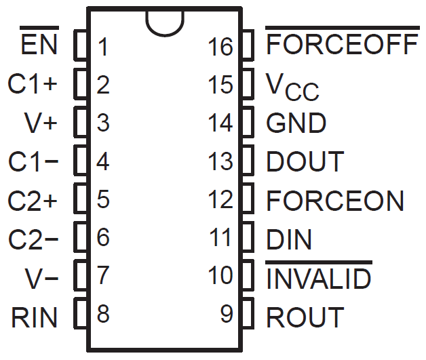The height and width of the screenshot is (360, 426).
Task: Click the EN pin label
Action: pyautogui.click(x=40, y=47)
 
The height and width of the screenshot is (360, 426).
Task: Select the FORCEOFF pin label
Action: pyautogui.click(x=342, y=46)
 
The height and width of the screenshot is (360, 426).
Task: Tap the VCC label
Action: pyautogui.click(x=292, y=86)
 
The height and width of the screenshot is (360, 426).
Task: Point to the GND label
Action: pyautogui.click(x=296, y=123)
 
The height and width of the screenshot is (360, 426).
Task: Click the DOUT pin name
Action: pyautogui.click(x=305, y=162)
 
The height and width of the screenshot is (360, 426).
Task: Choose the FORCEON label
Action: pyautogui.click(x=335, y=201)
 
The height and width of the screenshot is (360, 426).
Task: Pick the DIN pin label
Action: pyautogui.click(x=290, y=239)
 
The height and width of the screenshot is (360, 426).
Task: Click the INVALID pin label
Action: pyautogui.click(x=319, y=278)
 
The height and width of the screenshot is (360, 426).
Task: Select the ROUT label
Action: pyautogui.click(x=305, y=317)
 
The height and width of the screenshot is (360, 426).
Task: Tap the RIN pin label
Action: pyautogui.click(x=35, y=317)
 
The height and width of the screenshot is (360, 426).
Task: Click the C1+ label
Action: pyautogui.click(x=33, y=85)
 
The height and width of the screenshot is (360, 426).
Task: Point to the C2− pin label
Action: pyautogui.click(x=33, y=239)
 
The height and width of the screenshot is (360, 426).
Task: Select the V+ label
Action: pyautogui.click(x=41, y=123)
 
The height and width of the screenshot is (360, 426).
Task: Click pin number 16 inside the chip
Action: pyautogui.click(x=221, y=47)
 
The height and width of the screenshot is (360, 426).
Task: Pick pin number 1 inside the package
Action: pyautogui.click(x=103, y=47)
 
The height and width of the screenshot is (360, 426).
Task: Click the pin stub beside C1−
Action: pyautogui.click(x=81, y=162)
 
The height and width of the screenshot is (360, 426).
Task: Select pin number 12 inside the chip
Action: pyautogui.click(x=221, y=201)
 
